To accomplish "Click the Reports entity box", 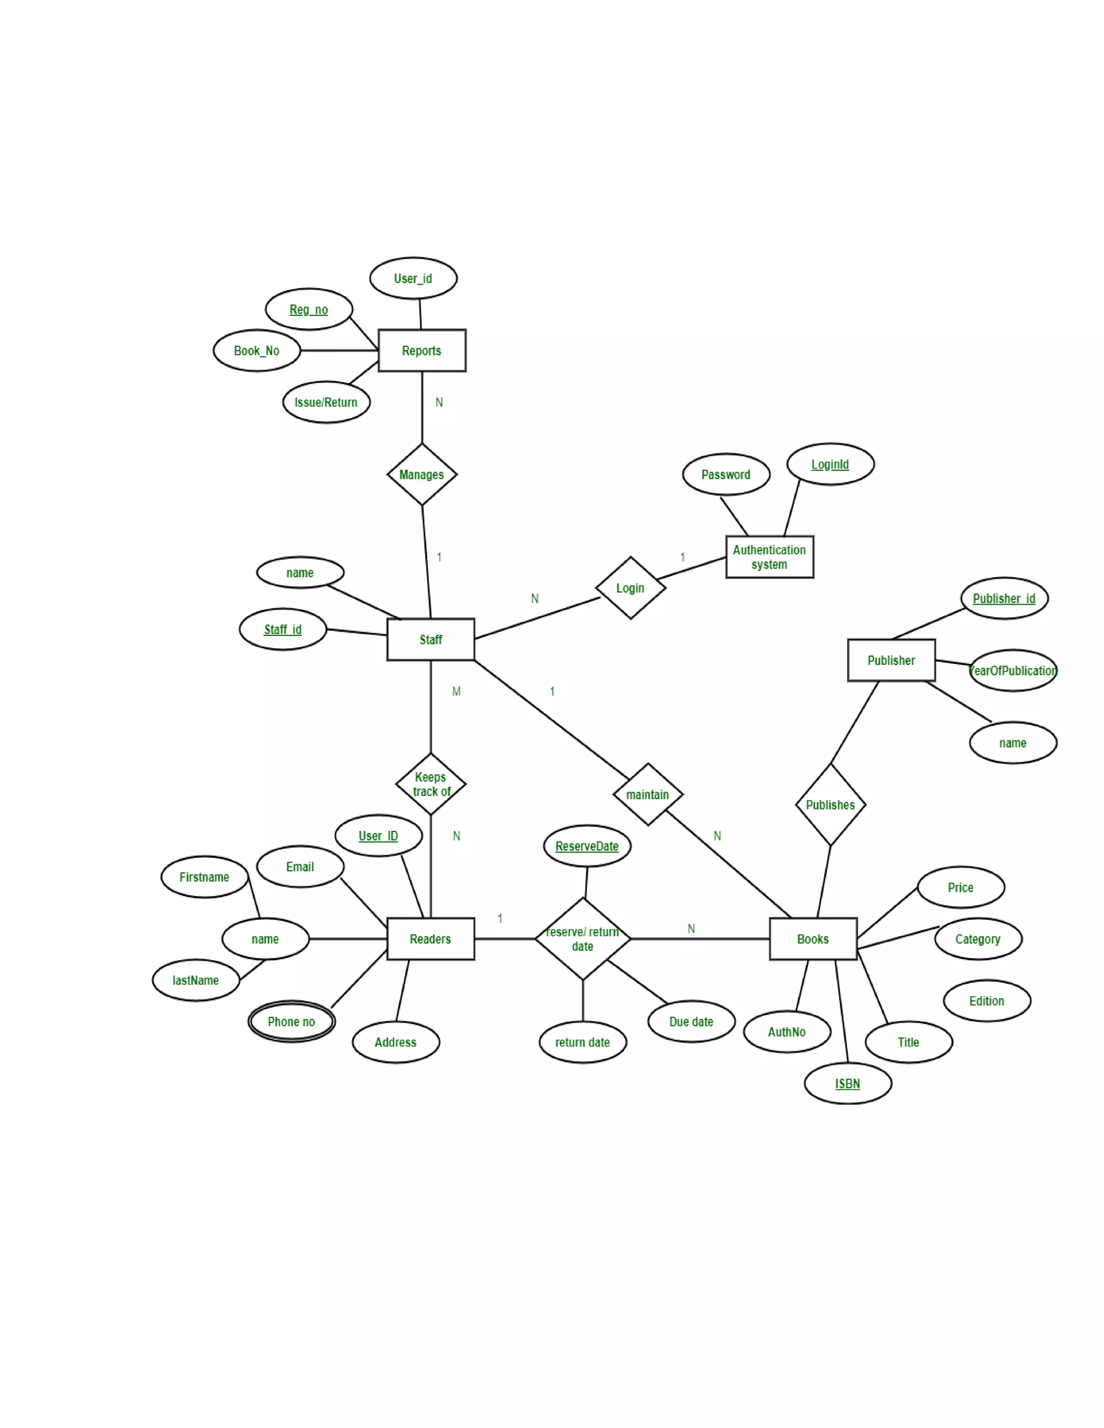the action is coord(422,350).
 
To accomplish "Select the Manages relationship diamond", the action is coord(422,475).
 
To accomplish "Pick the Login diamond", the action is coord(631,588).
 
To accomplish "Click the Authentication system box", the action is coord(769,557).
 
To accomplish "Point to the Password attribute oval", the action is coord(726,475).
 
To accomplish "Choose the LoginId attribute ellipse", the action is coord(830,464).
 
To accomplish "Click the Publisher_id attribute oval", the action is coord(1004,598).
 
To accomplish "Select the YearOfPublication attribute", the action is coord(1012,671).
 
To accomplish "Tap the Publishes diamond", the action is coord(830,805).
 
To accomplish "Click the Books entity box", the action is coord(813,939).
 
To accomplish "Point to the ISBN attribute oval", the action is coord(847,1084).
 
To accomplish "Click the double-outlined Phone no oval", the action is coord(292,1021).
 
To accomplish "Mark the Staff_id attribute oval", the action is coord(282,629).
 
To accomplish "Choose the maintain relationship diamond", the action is coord(647,794).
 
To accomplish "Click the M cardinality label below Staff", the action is coord(457,691).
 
